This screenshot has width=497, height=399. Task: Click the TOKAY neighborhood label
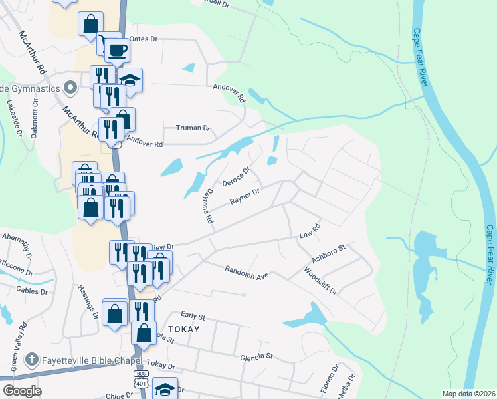[184, 329]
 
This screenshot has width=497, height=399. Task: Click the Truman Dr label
[193, 128]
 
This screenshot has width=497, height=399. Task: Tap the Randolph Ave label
[246, 271]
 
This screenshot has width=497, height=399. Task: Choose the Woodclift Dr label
[320, 281]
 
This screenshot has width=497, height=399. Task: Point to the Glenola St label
[256, 356]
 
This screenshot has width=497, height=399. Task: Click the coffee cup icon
[117, 50]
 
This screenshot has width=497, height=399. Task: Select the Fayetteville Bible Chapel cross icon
[31, 360]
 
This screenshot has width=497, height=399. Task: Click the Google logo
[22, 391]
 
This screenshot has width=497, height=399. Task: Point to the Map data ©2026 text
[468, 394]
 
